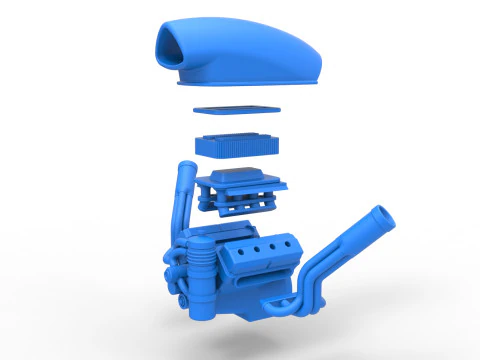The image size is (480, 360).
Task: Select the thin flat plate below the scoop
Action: (x=237, y=113)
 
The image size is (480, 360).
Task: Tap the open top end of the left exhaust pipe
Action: (x=184, y=166)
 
